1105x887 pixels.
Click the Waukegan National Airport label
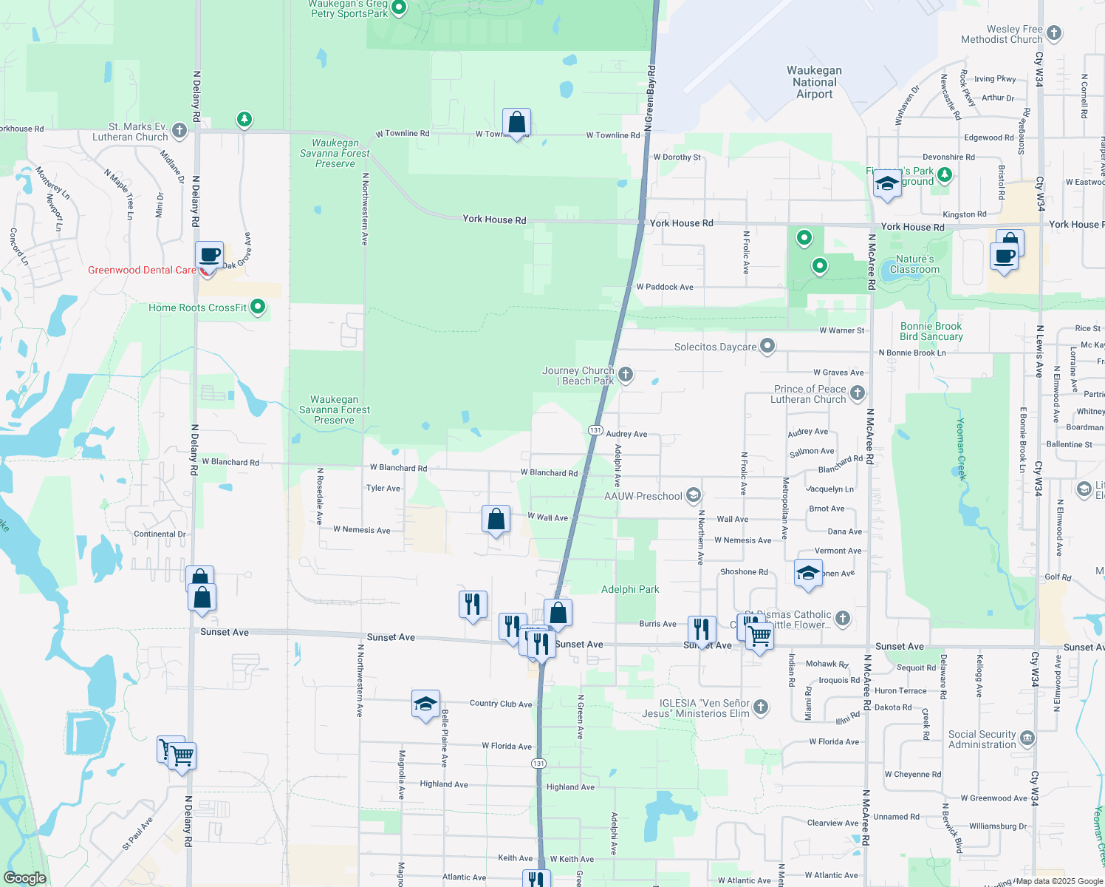[814, 82]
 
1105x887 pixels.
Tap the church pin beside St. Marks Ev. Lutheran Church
[179, 132]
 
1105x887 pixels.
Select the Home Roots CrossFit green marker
[258, 306]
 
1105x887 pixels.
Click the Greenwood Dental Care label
[142, 271]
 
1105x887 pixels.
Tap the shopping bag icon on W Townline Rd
[517, 123]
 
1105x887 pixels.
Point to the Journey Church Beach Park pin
[626, 375]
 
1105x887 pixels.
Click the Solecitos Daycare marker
[767, 346]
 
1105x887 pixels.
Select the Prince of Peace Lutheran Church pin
[858, 393]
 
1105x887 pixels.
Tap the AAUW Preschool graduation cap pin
[693, 495]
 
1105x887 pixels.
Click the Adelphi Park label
[630, 589]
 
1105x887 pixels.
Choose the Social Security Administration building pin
[1027, 738]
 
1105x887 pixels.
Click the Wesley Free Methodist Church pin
[1054, 33]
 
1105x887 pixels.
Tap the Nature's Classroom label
[914, 264]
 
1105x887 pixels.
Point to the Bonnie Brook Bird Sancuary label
[931, 331]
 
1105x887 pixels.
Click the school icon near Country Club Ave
[426, 704]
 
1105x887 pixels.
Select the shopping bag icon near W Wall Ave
[496, 520]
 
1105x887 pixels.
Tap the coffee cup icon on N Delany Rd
[210, 255]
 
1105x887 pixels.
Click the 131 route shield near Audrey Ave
[595, 430]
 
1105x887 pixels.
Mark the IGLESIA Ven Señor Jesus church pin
[761, 707]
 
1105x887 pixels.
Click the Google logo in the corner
[24, 878]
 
